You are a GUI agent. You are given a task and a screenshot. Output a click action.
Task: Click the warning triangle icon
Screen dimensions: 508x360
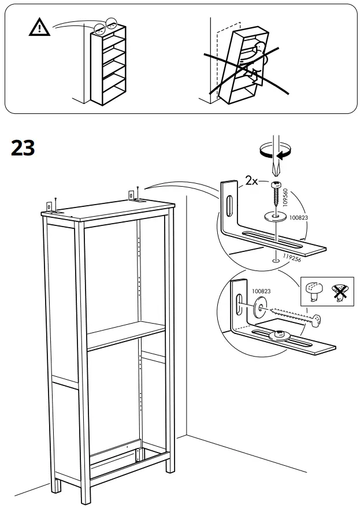(x=39, y=27)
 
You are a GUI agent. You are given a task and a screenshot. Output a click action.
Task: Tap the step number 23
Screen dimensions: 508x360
(x=23, y=148)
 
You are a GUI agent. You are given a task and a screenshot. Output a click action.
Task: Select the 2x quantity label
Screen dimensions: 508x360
(x=251, y=181)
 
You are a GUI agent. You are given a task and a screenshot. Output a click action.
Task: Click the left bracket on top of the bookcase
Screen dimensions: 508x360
(x=53, y=206)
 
